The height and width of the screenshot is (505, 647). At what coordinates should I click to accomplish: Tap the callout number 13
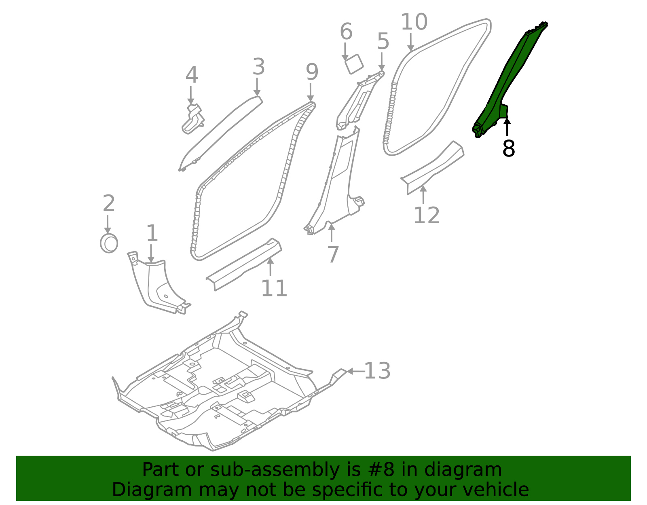tap(377, 371)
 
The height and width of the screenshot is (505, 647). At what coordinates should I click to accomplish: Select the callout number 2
tap(108, 203)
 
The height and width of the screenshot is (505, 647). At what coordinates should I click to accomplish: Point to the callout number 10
tap(414, 22)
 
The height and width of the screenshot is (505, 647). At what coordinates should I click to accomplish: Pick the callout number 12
tap(426, 215)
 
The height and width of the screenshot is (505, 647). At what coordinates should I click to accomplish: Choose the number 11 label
tap(274, 288)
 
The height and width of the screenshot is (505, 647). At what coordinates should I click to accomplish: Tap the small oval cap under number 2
tap(109, 243)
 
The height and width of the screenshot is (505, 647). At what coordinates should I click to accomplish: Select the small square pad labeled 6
tap(354, 63)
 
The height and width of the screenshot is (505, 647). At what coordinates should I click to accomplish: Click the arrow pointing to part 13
tap(355, 371)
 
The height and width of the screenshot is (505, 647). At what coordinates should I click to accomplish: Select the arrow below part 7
tap(331, 232)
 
